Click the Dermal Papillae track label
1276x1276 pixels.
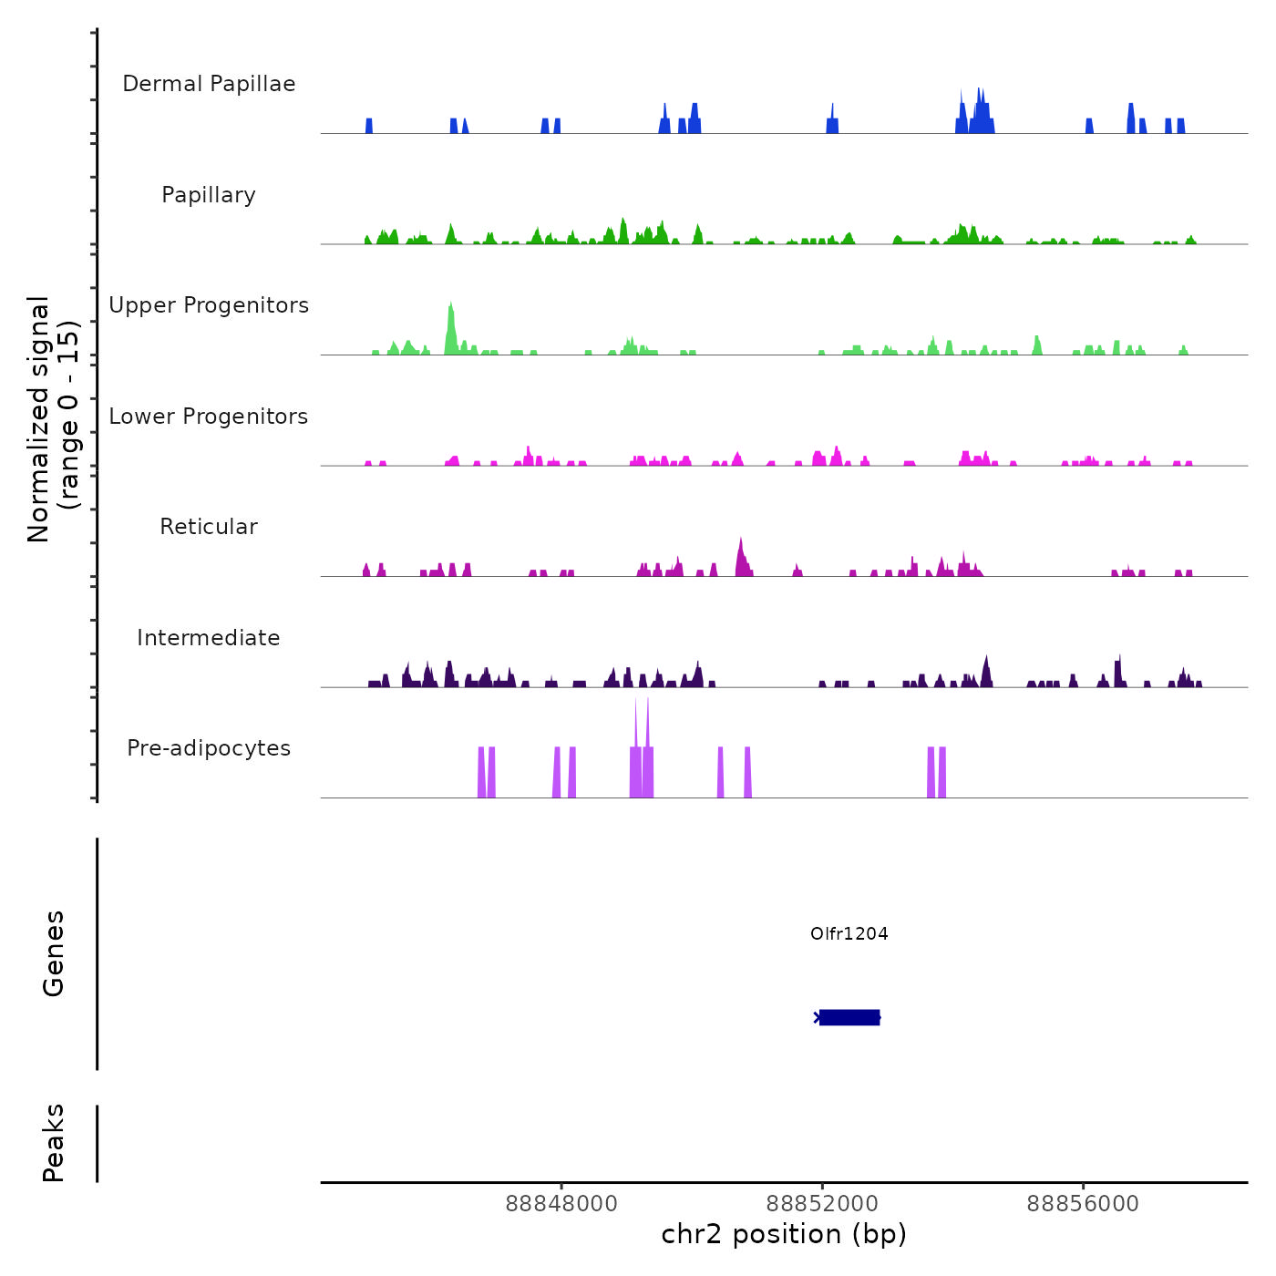pos(209,84)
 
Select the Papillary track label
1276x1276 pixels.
pos(209,195)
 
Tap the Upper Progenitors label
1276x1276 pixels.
pos(209,305)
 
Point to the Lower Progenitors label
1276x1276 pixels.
pos(209,417)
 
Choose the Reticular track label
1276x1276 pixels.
pos(209,527)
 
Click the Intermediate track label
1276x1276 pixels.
pos(209,638)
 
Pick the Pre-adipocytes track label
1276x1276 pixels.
pos(209,748)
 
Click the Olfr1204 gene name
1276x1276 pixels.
pos(849,933)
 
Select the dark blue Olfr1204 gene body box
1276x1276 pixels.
pos(849,1017)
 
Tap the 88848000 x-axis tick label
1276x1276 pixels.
pos(561,1204)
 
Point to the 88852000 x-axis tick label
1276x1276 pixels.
pos(822,1204)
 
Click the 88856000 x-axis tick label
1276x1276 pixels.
pos(1083,1204)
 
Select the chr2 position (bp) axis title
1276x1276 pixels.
pos(784,1235)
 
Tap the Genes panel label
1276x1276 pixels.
pos(54,953)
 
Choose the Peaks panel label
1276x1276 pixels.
pos(54,1143)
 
